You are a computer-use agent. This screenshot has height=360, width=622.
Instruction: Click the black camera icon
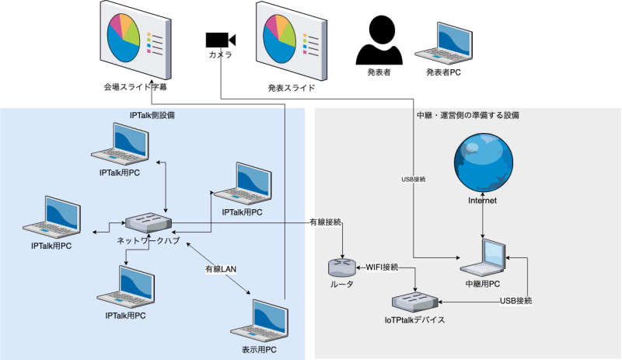[219, 40]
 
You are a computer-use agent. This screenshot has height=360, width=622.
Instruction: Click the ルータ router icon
[341, 267]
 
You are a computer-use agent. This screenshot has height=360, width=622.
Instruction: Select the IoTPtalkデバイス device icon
[414, 301]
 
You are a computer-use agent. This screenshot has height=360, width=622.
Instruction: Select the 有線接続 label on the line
[325, 222]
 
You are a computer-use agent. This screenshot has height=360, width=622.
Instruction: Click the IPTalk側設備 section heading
[152, 115]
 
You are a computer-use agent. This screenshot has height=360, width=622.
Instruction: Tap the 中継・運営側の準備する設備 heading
[468, 115]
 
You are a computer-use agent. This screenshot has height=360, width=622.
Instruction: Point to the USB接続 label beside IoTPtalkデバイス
[516, 301]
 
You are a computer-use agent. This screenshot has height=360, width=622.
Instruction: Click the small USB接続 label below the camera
[413, 180]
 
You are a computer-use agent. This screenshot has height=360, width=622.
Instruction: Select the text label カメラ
[220, 55]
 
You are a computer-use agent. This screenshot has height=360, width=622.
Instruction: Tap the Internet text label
[482, 201]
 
